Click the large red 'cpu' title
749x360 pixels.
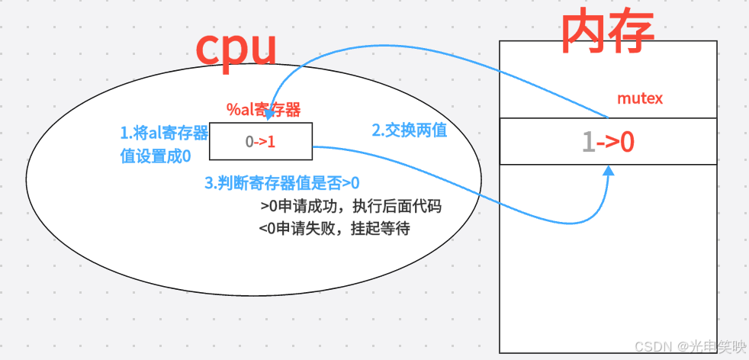coord(236,50)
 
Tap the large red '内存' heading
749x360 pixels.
coord(607,32)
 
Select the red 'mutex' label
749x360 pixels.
coord(640,98)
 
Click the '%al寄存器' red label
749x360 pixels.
coord(264,110)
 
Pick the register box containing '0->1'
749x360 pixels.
coord(261,141)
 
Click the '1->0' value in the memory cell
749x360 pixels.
coord(609,142)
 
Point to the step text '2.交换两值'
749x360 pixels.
coord(410,130)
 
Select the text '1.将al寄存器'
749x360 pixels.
coord(164,133)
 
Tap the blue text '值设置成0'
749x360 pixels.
coord(156,156)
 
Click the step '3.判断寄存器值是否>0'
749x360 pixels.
coord(281,183)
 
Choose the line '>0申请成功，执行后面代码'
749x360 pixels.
coord(351,207)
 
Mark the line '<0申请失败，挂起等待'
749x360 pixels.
coord(334,229)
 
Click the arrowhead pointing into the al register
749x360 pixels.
coord(268,114)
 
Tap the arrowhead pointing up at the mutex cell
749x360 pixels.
coord(609,170)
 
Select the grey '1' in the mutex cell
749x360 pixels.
coord(589,142)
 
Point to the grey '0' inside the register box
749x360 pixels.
coord(249,142)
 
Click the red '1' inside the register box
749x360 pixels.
coord(272,142)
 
